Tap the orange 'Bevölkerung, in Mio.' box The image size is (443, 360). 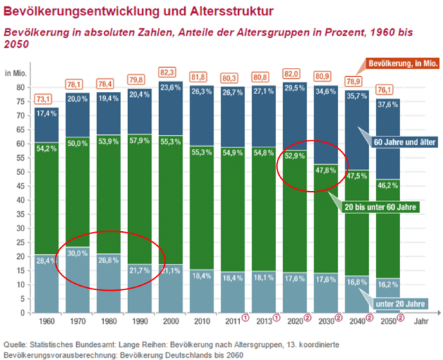pyautogui.click(x=404, y=63)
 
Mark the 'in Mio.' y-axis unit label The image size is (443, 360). pyautogui.click(x=16, y=73)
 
